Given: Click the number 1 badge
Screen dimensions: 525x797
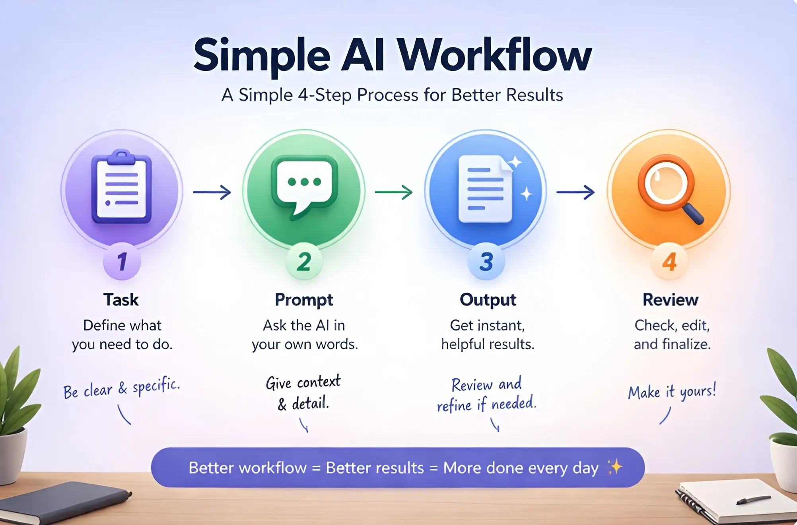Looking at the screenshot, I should pyautogui.click(x=122, y=261).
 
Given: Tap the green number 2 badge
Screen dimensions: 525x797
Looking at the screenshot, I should pyautogui.click(x=304, y=261).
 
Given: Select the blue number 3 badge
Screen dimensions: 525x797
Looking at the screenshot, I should pyautogui.click(x=486, y=261).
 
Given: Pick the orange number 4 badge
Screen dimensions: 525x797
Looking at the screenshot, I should pyautogui.click(x=669, y=261).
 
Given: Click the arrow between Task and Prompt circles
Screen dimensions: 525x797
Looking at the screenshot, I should pyautogui.click(x=212, y=192).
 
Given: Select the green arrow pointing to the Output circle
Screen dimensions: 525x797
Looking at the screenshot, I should pyautogui.click(x=394, y=192).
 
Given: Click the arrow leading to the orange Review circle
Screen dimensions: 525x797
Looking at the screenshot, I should pyautogui.click(x=575, y=192).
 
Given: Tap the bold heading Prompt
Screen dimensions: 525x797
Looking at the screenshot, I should pyautogui.click(x=304, y=300).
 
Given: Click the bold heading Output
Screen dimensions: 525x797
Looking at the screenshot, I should pyautogui.click(x=488, y=300).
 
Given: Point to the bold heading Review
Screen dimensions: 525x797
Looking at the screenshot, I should pyautogui.click(x=671, y=300).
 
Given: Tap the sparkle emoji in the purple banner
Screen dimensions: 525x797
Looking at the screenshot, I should pyautogui.click(x=615, y=467).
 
